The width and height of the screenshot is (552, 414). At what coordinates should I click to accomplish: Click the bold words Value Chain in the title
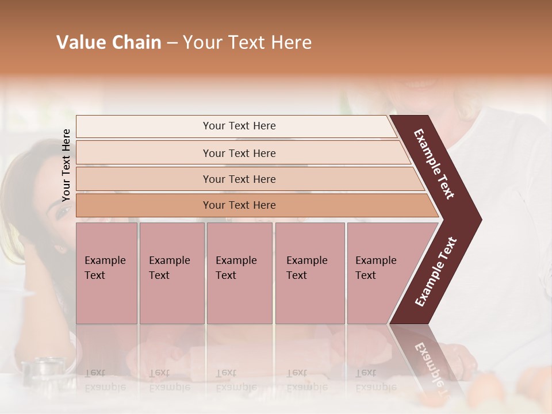(109, 43)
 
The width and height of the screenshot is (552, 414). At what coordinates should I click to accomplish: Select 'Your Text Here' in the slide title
(247, 43)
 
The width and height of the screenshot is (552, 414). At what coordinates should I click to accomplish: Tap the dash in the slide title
(172, 43)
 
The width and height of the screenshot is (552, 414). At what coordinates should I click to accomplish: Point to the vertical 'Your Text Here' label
(66, 166)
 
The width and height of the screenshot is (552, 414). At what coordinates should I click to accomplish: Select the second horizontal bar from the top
(239, 153)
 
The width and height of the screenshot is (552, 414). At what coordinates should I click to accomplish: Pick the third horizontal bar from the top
(239, 179)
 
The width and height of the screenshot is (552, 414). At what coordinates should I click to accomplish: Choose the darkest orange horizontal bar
(239, 205)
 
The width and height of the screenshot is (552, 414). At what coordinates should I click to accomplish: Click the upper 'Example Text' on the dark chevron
(434, 164)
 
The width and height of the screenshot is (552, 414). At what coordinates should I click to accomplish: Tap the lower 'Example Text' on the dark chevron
(436, 272)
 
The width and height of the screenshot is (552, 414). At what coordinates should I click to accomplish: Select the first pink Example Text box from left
(106, 273)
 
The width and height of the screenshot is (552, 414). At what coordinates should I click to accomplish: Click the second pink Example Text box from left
(171, 273)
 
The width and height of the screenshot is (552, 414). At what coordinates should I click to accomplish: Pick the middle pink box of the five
(239, 273)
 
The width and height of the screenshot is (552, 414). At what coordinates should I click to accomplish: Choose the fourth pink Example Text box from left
(309, 273)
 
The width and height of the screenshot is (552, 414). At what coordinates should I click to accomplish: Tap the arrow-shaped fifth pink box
(379, 273)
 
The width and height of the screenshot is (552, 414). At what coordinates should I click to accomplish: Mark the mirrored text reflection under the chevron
(429, 362)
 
